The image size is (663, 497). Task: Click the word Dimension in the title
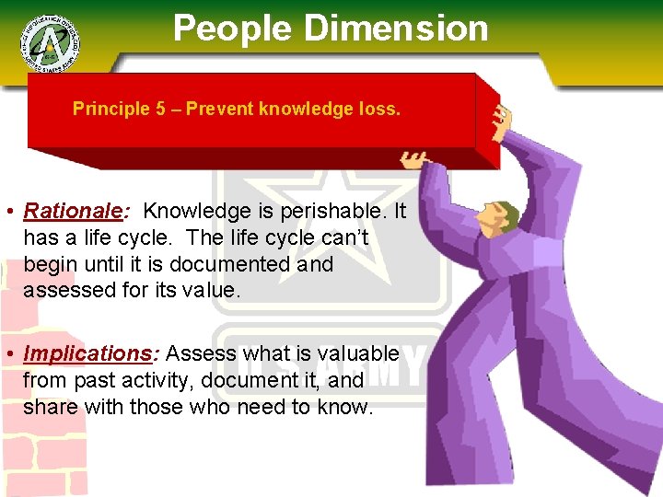396,29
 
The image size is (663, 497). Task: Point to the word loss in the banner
381,109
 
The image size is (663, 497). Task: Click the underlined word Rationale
73,211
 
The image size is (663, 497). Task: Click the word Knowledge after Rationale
196,211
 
